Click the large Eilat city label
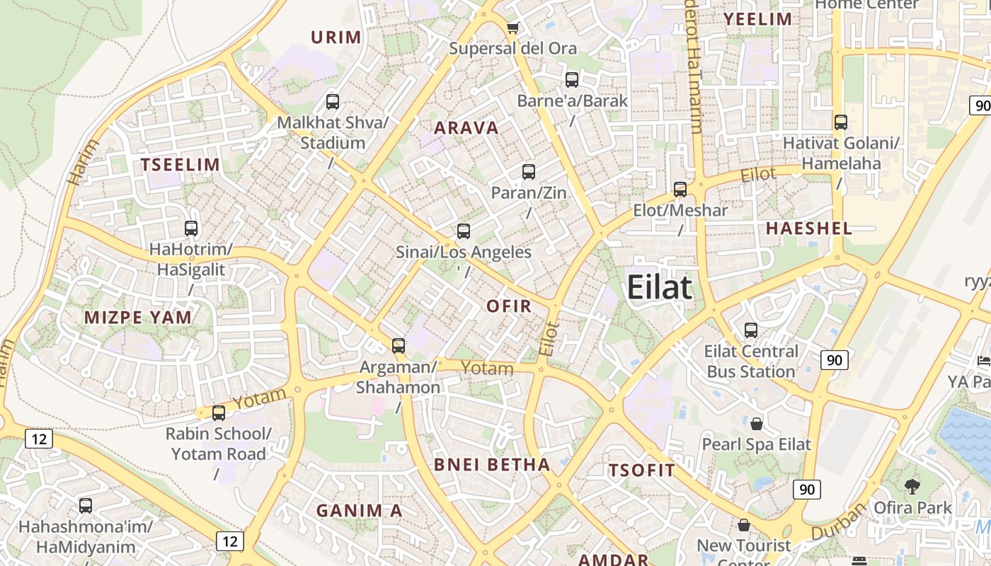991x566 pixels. [659, 288]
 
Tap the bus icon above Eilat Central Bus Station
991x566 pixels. [751, 330]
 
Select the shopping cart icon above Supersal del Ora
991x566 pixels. [512, 28]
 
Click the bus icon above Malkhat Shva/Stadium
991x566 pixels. [333, 102]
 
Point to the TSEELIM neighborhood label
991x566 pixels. [180, 165]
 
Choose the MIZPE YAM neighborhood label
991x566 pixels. [138, 317]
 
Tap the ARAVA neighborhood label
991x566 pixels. [466, 128]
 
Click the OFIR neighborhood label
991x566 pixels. [509, 306]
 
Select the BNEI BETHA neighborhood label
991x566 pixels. [491, 464]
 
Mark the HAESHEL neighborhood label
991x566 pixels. [808, 228]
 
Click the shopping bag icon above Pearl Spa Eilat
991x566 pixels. [756, 424]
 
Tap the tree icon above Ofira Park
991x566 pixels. [912, 487]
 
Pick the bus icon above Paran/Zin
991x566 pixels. [528, 172]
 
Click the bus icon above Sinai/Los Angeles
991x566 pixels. [464, 231]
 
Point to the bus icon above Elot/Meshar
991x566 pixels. [680, 190]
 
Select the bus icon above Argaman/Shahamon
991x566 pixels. [399, 346]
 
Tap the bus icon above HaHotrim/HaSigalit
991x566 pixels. [191, 229]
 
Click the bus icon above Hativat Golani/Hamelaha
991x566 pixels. [841, 122]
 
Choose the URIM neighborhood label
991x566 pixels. [336, 37]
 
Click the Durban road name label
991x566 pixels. [840, 522]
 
